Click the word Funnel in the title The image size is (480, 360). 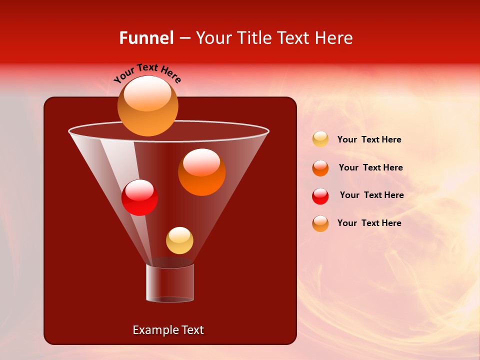(x=146, y=38)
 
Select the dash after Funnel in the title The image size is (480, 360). (x=184, y=38)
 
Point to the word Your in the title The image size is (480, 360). (x=213, y=38)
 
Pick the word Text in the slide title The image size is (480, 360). (x=294, y=38)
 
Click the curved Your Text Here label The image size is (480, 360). (x=147, y=73)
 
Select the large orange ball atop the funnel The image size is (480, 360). (x=147, y=106)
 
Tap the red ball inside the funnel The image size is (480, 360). (x=139, y=198)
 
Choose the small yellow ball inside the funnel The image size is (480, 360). (x=179, y=240)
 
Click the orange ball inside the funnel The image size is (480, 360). (x=201, y=172)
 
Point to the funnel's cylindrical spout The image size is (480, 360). (x=170, y=282)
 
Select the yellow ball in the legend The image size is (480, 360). (x=320, y=139)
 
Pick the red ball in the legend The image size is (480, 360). (x=320, y=196)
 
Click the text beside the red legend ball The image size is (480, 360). (x=371, y=195)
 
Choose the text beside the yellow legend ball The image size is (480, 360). (x=369, y=139)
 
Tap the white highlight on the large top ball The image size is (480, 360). (x=147, y=93)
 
